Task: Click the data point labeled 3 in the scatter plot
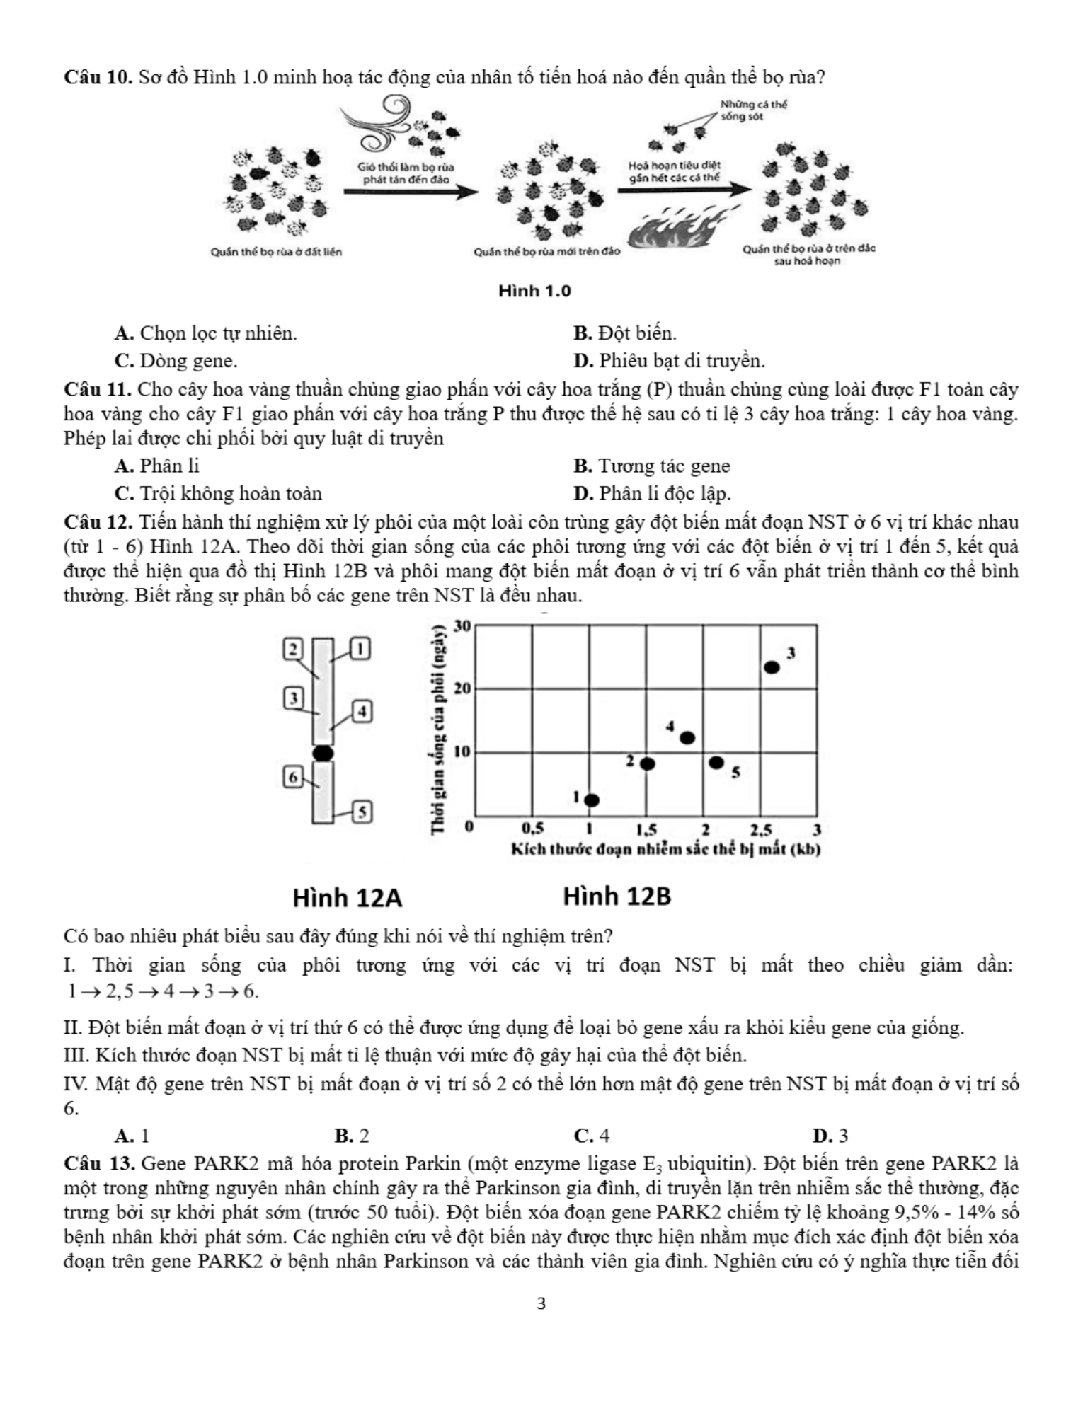[x=772, y=667]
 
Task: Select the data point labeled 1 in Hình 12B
[x=592, y=800]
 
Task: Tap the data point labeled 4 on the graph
[x=687, y=738]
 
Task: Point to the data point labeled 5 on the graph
[x=716, y=762]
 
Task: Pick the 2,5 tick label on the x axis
[x=761, y=829]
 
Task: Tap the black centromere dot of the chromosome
[x=323, y=753]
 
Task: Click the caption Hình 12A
[x=348, y=898]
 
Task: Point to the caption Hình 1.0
[x=534, y=292]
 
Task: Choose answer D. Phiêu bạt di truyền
[x=669, y=361]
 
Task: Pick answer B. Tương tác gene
[x=651, y=466]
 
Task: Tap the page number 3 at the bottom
[x=541, y=1304]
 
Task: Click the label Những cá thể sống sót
[x=753, y=110]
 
